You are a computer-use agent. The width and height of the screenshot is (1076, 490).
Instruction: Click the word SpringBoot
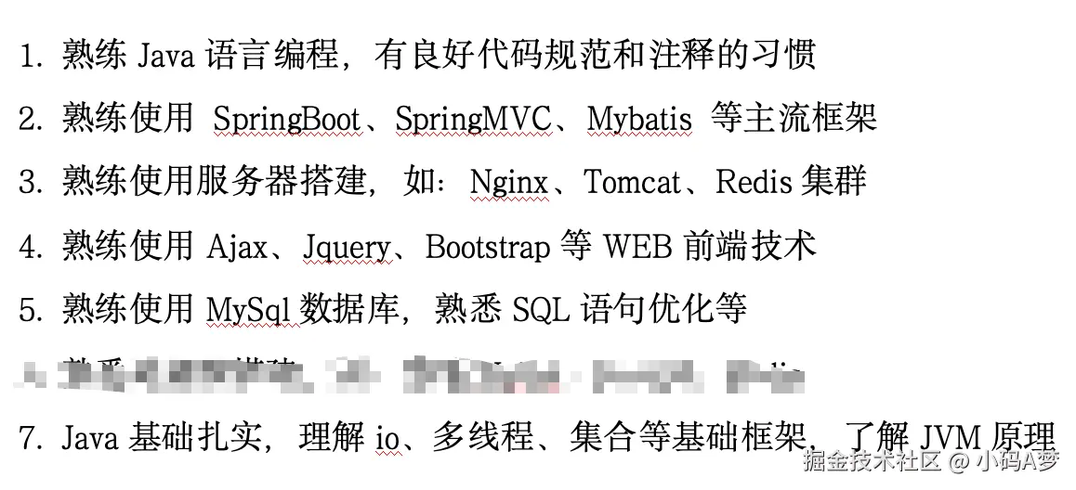287,120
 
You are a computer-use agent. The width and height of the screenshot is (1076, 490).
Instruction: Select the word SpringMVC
473,120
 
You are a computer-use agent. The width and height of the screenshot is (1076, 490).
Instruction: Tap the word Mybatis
639,120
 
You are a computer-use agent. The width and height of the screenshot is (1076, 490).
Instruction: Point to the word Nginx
508,182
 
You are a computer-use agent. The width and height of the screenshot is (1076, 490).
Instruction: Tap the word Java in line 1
165,56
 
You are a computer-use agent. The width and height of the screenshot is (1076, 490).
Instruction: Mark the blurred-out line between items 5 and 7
409,374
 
